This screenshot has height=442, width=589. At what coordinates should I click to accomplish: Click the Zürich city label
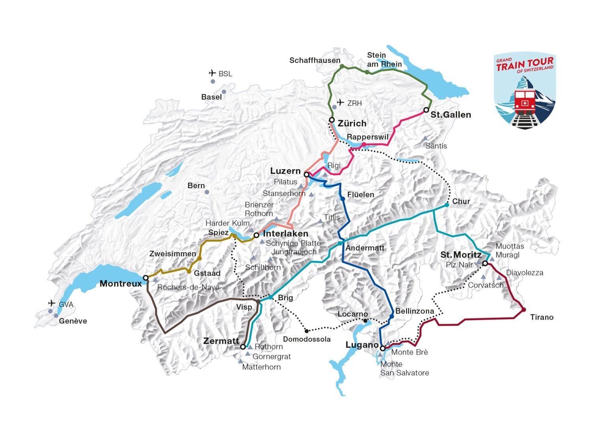click(352, 123)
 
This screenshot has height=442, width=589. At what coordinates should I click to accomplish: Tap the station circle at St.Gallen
click(426, 109)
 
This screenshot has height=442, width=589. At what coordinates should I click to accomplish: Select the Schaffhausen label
click(315, 60)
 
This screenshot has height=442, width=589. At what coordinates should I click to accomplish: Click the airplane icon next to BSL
click(212, 73)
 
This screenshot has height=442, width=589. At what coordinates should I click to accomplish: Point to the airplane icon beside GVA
click(51, 303)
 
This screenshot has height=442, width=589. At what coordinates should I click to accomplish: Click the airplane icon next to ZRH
click(340, 103)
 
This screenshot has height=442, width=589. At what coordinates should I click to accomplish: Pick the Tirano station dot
click(524, 309)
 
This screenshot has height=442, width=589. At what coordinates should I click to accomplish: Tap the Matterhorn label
click(261, 367)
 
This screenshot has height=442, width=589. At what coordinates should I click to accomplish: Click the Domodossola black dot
click(306, 331)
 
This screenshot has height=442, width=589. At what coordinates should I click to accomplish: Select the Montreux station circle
click(145, 278)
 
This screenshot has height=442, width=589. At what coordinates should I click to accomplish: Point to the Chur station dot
click(446, 205)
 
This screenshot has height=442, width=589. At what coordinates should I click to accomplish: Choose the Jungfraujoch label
click(294, 252)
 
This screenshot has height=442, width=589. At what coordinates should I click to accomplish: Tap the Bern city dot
click(207, 192)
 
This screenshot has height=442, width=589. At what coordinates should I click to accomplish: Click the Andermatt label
click(365, 248)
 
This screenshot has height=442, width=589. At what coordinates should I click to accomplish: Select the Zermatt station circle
click(243, 347)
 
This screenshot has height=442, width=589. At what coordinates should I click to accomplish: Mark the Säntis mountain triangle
click(425, 138)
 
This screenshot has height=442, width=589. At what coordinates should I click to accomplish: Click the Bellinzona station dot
click(391, 317)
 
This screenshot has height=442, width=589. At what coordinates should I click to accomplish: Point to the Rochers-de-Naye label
click(188, 287)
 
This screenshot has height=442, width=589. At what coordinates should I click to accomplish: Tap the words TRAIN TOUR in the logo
click(525, 65)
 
